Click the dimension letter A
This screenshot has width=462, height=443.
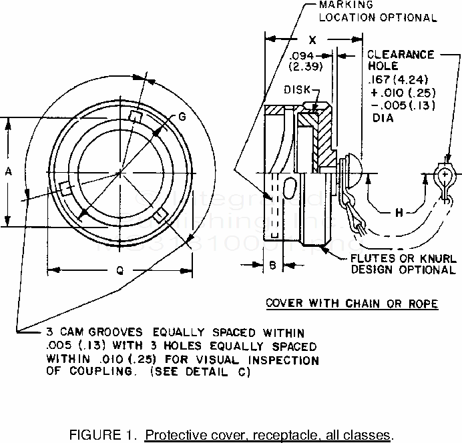(9, 171)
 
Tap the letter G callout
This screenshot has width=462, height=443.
(182, 117)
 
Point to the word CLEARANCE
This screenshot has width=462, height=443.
(401, 55)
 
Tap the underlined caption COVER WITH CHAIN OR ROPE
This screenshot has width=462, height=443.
(352, 304)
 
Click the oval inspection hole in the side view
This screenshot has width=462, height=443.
(292, 189)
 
